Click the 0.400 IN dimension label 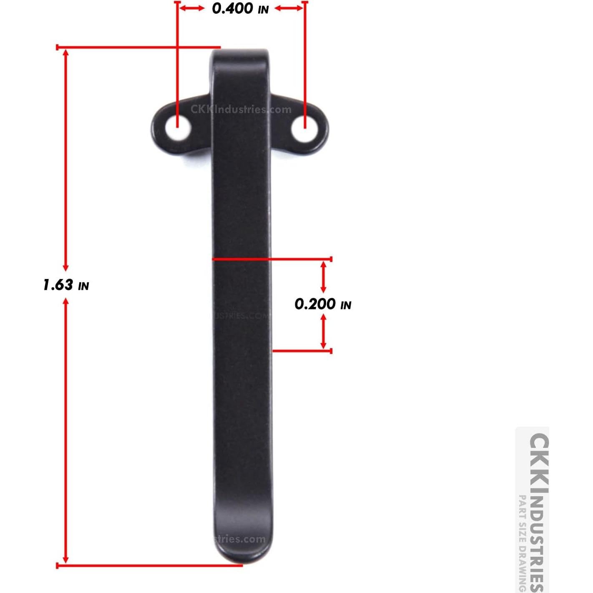coord(240,8)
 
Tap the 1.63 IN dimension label coord(66,285)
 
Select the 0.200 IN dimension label coord(323,304)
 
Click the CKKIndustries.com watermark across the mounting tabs coord(241,110)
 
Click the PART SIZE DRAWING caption coord(522,542)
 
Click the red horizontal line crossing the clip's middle coord(271,259)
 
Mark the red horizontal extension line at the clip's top coord(138,47)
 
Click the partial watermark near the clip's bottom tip coord(240,539)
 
